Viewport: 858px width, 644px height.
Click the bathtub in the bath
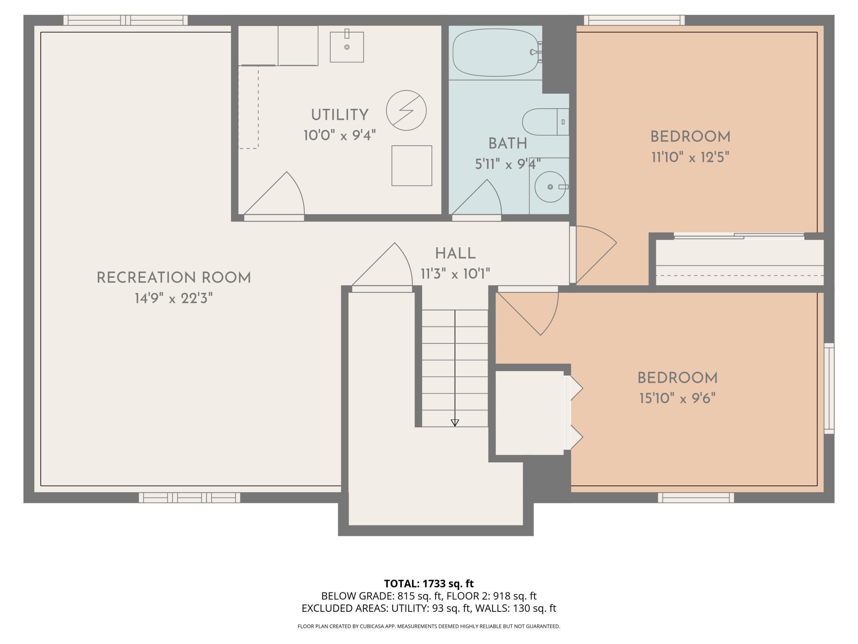tap(497, 54)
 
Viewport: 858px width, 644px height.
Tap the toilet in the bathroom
tap(545, 122)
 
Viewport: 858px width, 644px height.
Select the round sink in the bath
tap(550, 187)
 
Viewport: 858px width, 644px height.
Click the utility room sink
tap(346, 47)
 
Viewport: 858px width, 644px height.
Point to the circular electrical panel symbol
tap(406, 111)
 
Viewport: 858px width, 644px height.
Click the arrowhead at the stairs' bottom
tap(455, 423)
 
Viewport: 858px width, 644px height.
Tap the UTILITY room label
tap(339, 115)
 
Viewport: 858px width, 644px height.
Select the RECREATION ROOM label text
tap(174, 278)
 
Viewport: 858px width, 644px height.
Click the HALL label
tap(455, 253)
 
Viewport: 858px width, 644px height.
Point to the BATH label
tap(507, 144)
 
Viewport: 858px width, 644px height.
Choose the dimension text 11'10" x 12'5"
tap(691, 157)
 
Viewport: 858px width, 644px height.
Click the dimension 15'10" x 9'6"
tap(677, 398)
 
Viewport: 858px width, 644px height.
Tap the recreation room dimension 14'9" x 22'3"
tap(174, 298)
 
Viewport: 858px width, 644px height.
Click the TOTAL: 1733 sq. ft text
tap(429, 583)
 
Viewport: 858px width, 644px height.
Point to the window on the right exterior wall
tap(829, 388)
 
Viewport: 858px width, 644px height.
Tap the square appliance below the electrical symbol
tap(412, 166)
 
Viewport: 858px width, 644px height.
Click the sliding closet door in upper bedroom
tap(739, 236)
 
